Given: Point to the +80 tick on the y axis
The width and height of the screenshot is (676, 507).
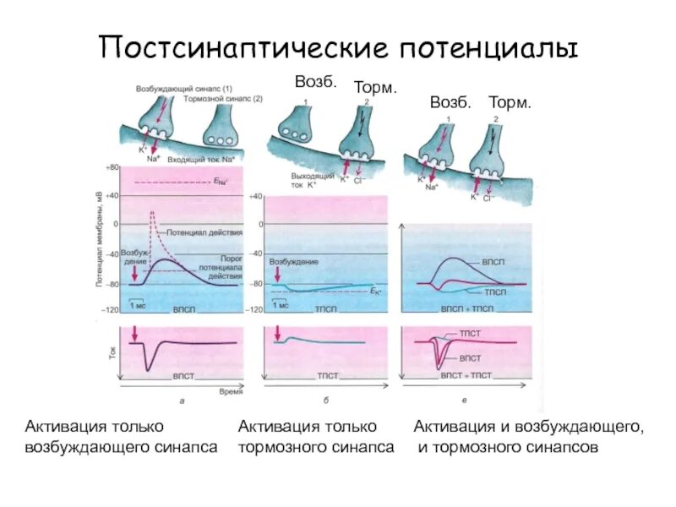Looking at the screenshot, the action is click(112, 169).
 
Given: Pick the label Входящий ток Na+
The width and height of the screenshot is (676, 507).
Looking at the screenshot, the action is click(201, 159).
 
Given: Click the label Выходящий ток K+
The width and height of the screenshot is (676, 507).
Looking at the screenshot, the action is click(297, 180).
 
